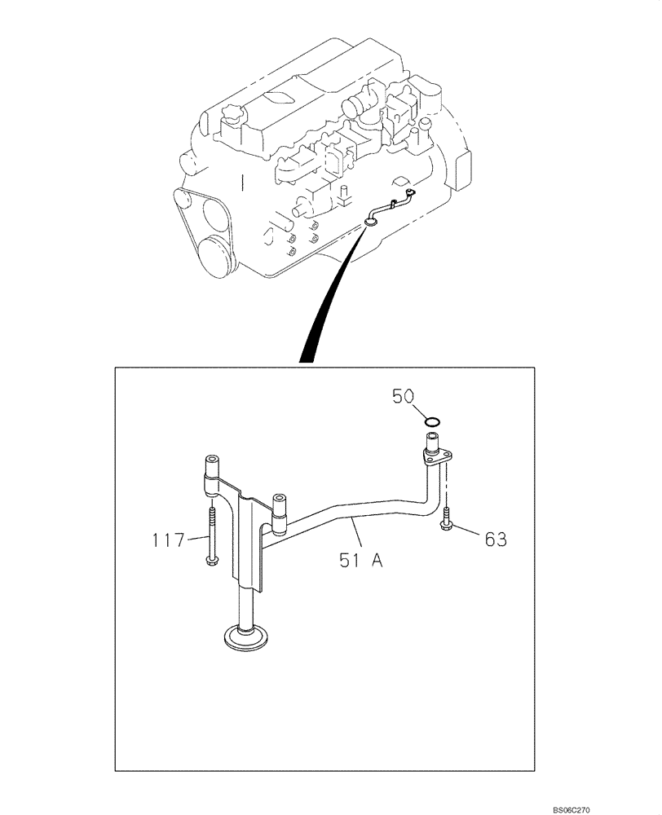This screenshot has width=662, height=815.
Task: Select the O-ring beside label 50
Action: pos(434,421)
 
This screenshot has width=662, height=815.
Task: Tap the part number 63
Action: pos(495,539)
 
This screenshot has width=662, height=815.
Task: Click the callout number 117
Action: pos(168,539)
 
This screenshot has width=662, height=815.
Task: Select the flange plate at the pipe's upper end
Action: pos(437,462)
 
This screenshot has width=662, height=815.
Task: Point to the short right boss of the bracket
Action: pos(279,509)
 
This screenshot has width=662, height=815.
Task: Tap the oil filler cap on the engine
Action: pos(231,119)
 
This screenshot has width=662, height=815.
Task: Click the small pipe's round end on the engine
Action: pos(372,219)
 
